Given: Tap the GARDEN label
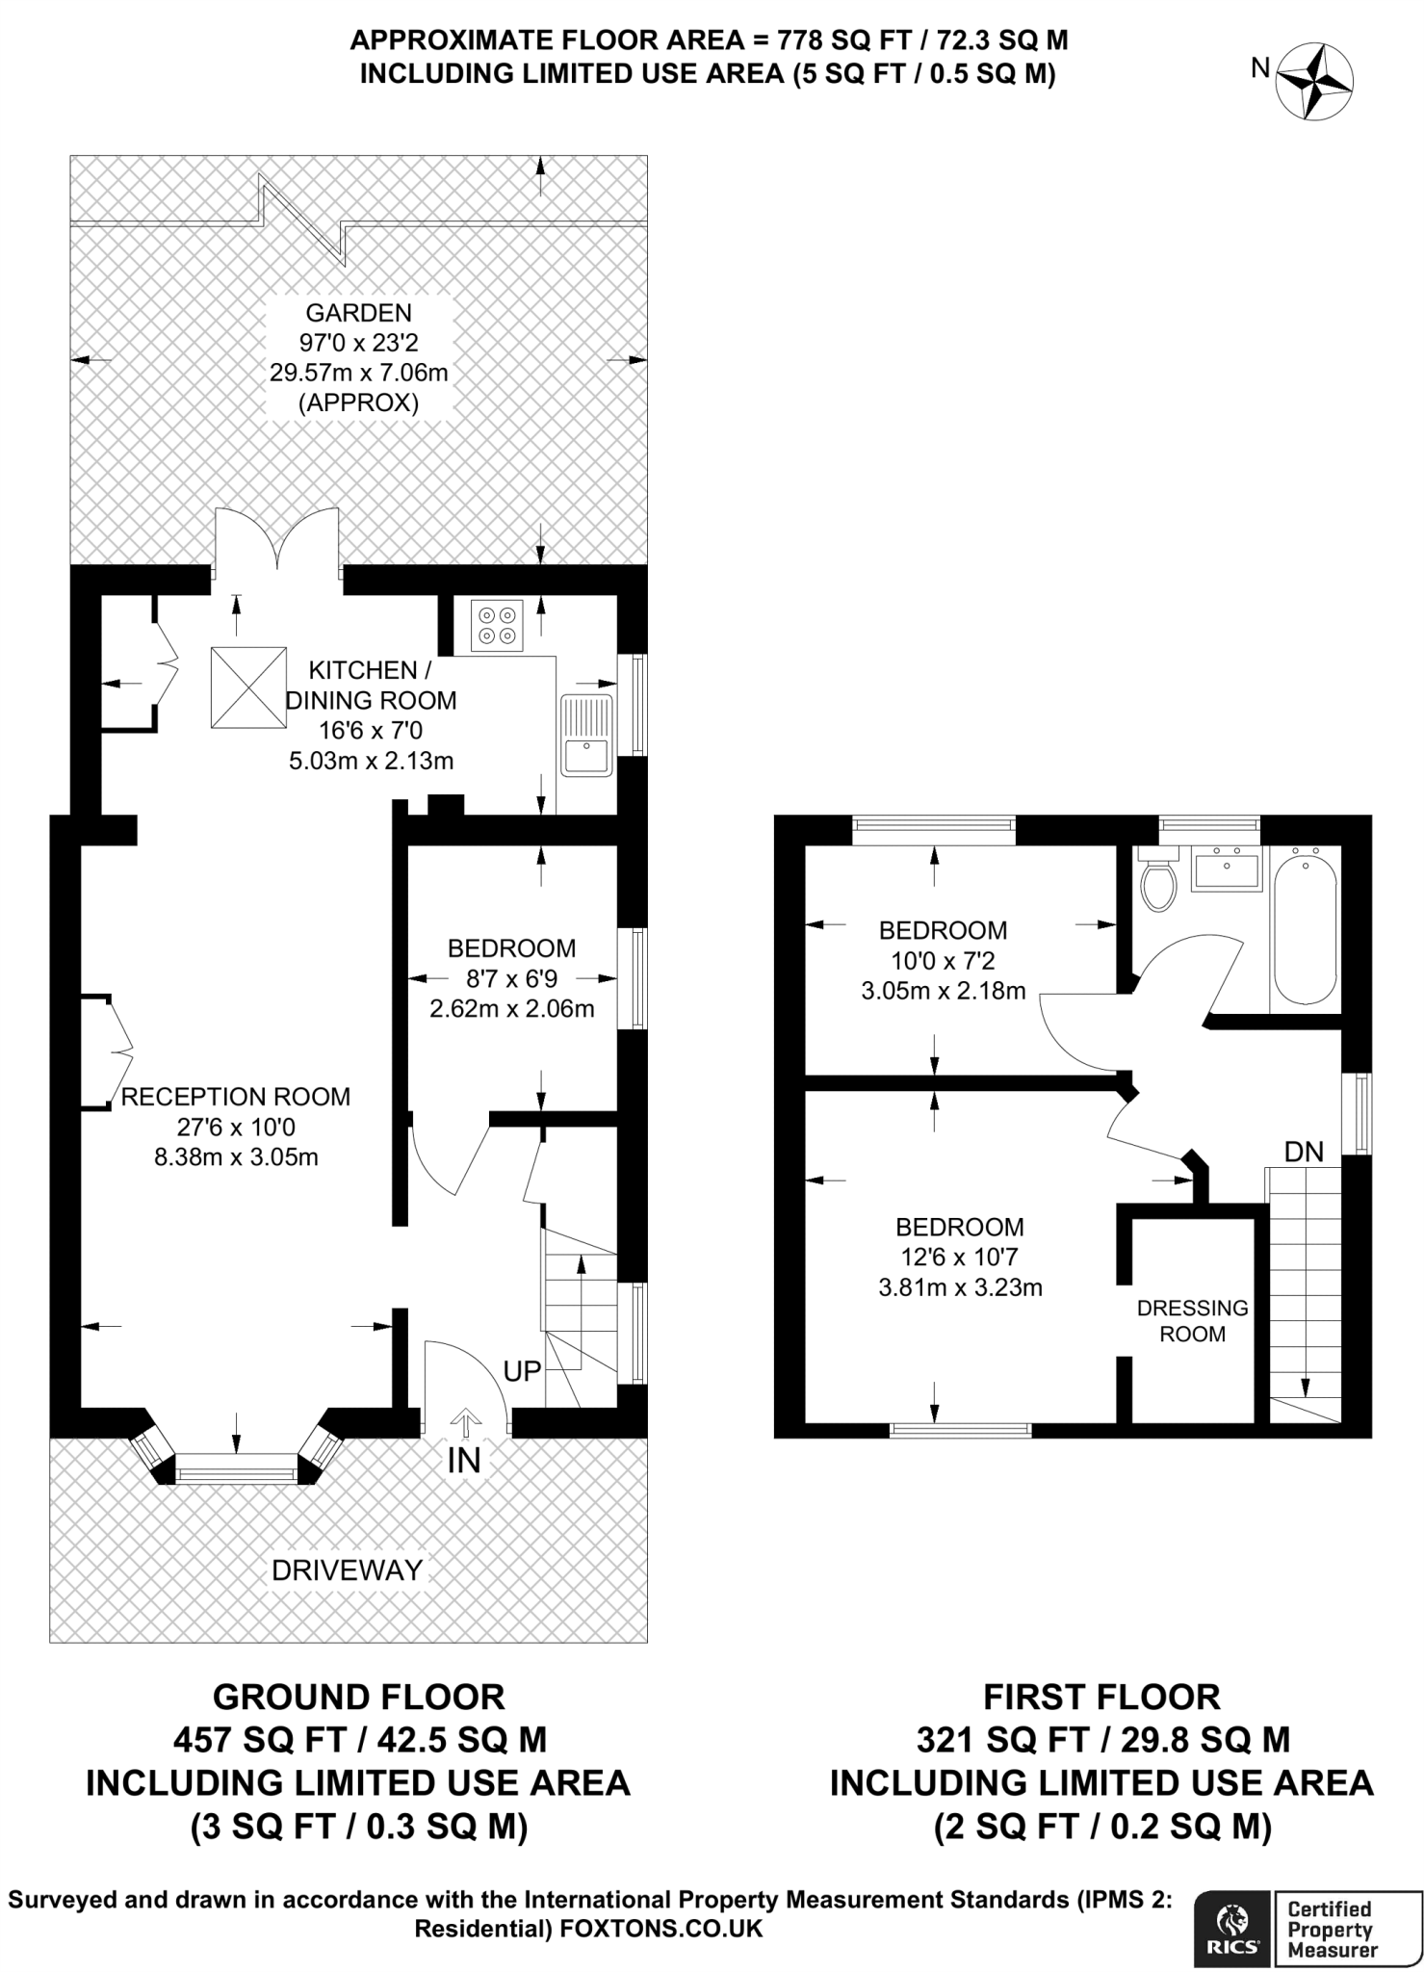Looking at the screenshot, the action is (358, 313).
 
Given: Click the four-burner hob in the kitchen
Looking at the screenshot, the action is (497, 625).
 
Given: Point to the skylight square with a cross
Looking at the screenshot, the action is (248, 688).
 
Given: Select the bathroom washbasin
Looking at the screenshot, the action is (1226, 869).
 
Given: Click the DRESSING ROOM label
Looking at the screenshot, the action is (1192, 1321).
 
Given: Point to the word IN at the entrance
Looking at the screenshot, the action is (464, 1461).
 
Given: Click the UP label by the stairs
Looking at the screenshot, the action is (522, 1371).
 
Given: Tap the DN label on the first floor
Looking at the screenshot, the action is (1304, 1152).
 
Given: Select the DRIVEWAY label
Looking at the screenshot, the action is (347, 1570).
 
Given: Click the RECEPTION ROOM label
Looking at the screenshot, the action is (236, 1097).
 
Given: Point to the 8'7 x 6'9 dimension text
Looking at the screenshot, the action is (511, 979).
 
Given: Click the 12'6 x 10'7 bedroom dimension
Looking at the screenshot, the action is (959, 1257).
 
